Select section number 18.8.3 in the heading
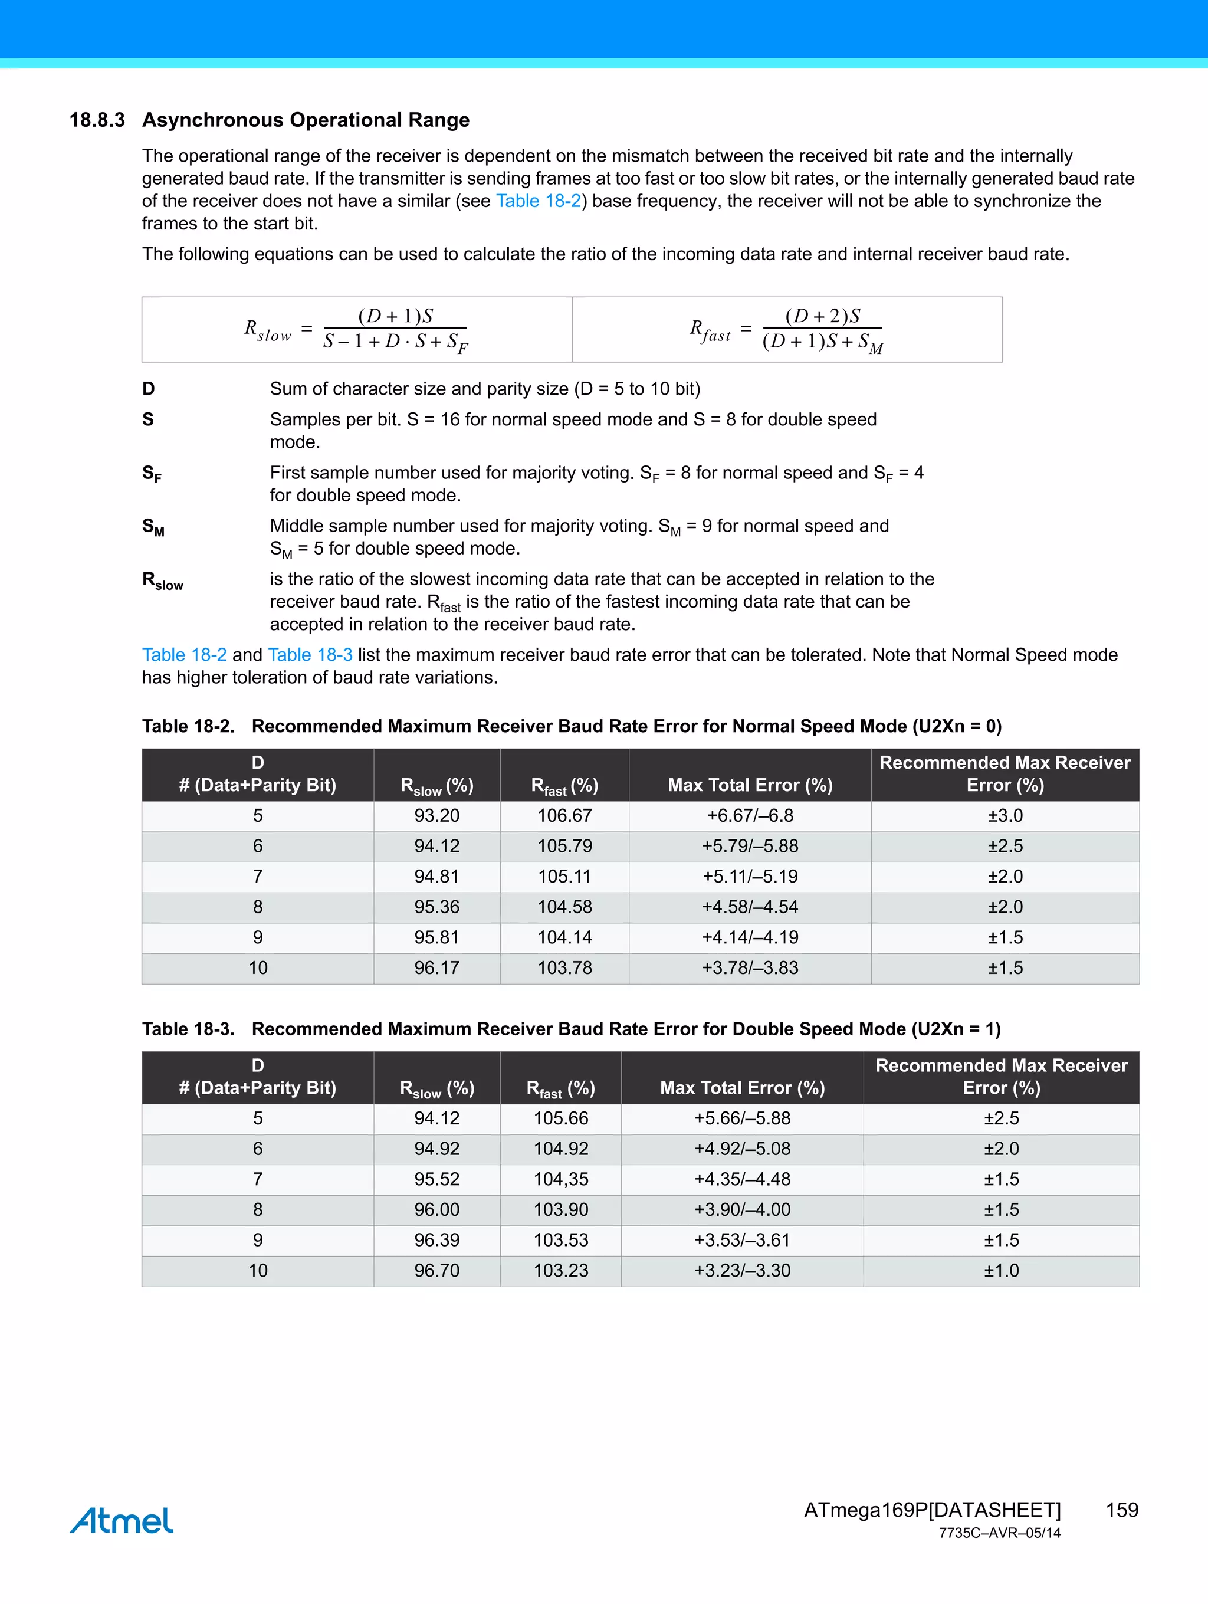[x=97, y=120]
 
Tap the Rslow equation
[x=356, y=330]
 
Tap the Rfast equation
[x=787, y=330]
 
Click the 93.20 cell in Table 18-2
[x=436, y=816]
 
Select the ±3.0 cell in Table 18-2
[x=1005, y=816]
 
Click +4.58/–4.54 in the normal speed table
[x=750, y=907]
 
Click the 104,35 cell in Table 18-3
[x=560, y=1179]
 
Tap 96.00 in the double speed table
[x=436, y=1209]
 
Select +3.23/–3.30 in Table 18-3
[x=742, y=1271]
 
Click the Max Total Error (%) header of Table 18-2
[x=750, y=785]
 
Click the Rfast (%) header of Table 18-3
[x=560, y=1088]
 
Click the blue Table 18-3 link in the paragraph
[x=310, y=655]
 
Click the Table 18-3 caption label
[x=188, y=1029]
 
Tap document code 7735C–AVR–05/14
[x=999, y=1533]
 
